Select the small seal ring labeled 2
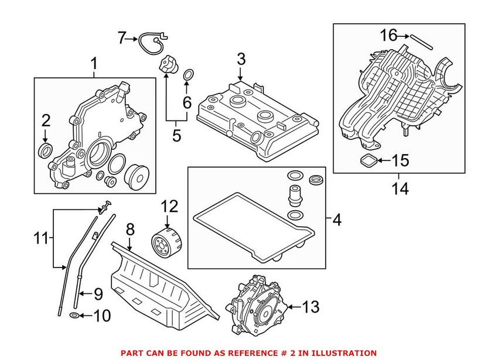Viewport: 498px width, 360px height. tap(46, 150)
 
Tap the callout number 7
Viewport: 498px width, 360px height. tap(121, 39)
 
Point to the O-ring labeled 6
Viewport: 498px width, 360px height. tap(188, 75)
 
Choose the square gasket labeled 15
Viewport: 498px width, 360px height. tap(369, 160)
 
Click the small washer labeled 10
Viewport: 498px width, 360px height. tap(74, 316)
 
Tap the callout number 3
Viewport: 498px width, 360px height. tap(241, 59)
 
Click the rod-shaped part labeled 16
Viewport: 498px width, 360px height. tap(421, 42)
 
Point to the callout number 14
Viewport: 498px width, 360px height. tap(400, 188)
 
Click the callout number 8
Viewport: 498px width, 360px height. tap(130, 229)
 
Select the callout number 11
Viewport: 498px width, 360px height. tap(41, 238)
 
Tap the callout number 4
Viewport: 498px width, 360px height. tap(337, 220)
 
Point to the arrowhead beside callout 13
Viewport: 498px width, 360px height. tap(289, 307)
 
